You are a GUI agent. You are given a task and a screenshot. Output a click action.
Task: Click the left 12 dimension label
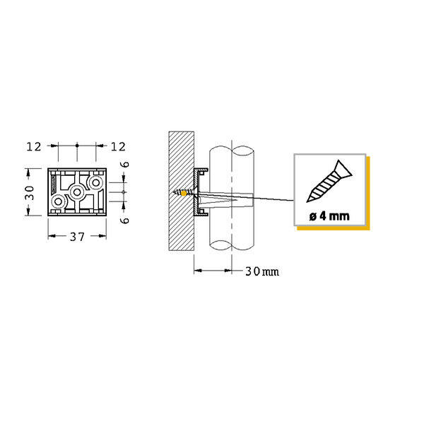pyautogui.click(x=34, y=147)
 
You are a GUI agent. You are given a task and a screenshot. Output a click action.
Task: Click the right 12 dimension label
pyautogui.click(x=118, y=147)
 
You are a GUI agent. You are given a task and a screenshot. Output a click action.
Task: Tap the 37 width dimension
pyautogui.click(x=77, y=237)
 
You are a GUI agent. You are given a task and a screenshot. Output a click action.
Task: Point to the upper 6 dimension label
pyautogui.click(x=125, y=165)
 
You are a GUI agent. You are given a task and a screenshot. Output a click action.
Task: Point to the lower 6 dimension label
pyautogui.click(x=125, y=220)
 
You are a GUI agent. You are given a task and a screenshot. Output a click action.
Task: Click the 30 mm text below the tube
pyautogui.click(x=262, y=271)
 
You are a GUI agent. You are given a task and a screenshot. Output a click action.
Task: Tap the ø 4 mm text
pyautogui.click(x=329, y=216)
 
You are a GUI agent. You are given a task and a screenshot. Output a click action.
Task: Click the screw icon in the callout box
pyautogui.click(x=329, y=182)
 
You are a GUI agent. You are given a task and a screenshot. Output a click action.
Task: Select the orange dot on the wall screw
pyautogui.click(x=184, y=194)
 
